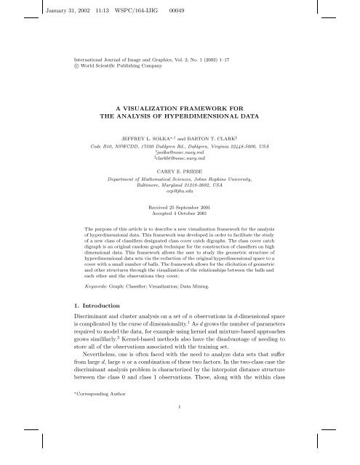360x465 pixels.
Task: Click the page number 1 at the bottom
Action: [x=180, y=427]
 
